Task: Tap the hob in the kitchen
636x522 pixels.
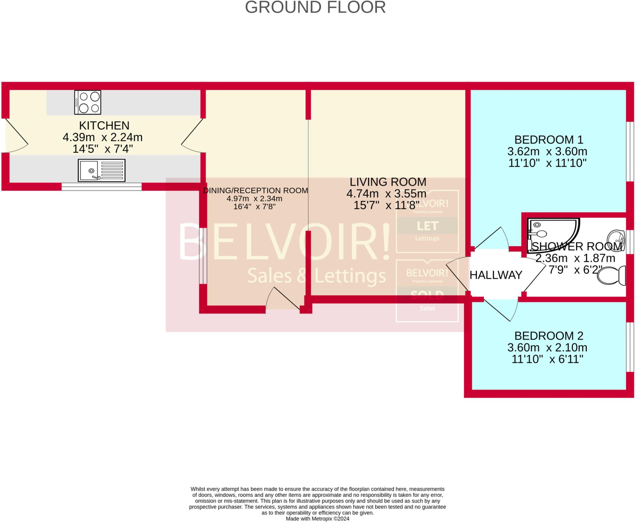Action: click(88, 102)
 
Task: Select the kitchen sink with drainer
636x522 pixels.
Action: click(102, 171)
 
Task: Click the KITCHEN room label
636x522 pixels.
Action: click(104, 126)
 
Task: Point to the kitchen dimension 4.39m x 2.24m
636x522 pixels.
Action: click(102, 137)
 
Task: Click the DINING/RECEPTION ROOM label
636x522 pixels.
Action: click(255, 190)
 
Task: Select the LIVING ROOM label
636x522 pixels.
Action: click(388, 182)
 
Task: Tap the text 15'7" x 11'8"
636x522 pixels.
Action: click(386, 205)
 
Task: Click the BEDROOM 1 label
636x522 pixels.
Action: click(548, 140)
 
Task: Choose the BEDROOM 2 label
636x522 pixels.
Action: click(548, 336)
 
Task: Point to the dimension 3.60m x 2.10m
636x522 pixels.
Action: click(547, 347)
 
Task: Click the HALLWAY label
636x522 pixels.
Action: click(496, 275)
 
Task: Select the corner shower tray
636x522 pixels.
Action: click(550, 231)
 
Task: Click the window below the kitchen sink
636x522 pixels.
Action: click(102, 186)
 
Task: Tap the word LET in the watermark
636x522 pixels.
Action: click(427, 226)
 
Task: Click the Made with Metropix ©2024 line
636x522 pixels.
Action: click(317, 519)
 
